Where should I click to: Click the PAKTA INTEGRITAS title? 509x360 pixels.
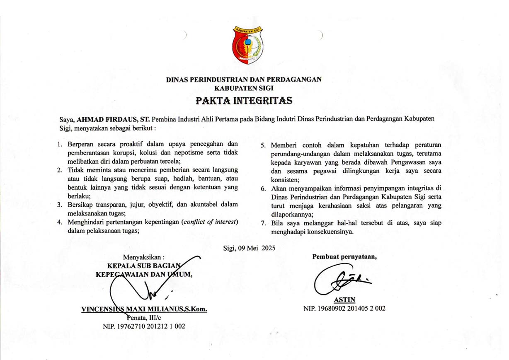244,101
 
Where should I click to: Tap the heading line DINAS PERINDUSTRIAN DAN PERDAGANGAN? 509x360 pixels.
244,80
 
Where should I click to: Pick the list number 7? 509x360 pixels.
263,223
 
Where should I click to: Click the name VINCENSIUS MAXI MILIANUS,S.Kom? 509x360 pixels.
144,309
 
